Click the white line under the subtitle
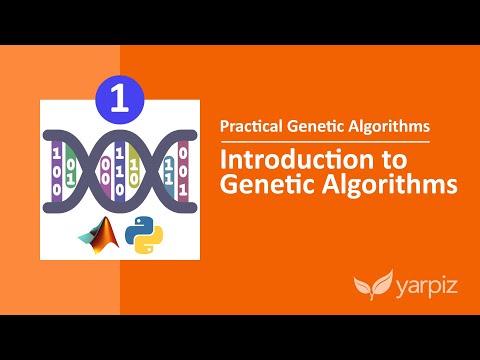coord(324,141)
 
